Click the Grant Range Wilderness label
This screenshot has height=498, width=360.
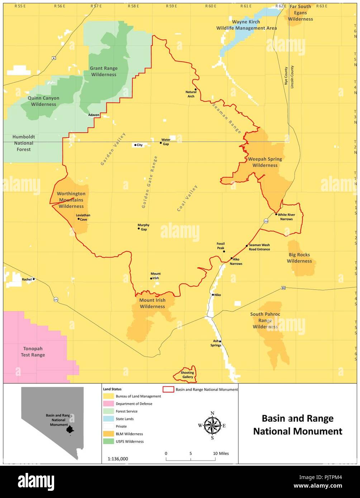point(103,71)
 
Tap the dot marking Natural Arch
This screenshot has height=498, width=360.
point(195,89)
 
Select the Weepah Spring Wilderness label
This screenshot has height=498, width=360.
point(265,162)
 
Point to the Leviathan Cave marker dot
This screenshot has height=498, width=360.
point(79,219)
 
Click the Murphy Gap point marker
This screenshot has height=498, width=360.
point(139,228)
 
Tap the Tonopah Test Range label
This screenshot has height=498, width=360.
point(33,352)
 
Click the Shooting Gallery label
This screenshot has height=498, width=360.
point(187,375)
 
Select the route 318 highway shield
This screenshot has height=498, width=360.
point(266,221)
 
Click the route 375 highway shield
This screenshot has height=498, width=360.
point(56,300)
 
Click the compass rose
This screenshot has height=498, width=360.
point(212,426)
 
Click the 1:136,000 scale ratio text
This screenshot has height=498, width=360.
point(118,459)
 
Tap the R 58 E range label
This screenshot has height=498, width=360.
point(133,6)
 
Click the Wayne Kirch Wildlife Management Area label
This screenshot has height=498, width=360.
point(246,25)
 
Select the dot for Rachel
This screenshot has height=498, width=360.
point(34,279)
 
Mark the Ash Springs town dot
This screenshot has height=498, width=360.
point(220,341)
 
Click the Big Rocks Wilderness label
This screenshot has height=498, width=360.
point(299,258)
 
